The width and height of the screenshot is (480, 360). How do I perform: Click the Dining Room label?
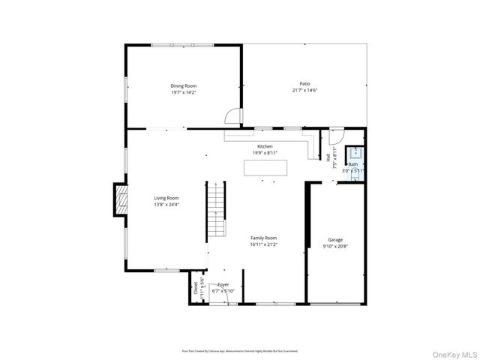point(184,86)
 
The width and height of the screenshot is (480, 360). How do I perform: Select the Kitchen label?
point(265,146)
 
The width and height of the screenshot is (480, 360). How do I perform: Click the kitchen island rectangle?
point(265,168)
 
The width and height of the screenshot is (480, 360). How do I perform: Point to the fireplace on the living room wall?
point(118,199)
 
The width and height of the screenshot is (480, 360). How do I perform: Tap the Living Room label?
point(166,198)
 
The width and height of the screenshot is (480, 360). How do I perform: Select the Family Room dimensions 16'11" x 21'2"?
point(264,244)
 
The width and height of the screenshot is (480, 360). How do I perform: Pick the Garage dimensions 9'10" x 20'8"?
point(335,246)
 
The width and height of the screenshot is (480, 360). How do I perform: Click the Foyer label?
point(223,285)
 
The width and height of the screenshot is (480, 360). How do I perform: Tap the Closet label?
point(196,286)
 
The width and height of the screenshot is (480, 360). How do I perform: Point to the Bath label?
point(352,164)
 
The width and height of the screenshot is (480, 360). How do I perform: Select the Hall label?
point(328,157)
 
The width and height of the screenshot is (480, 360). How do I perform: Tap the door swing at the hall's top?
point(336,136)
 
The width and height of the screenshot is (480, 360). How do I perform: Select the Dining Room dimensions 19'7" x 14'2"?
point(184,93)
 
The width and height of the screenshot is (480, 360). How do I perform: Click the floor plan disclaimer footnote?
point(240,350)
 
